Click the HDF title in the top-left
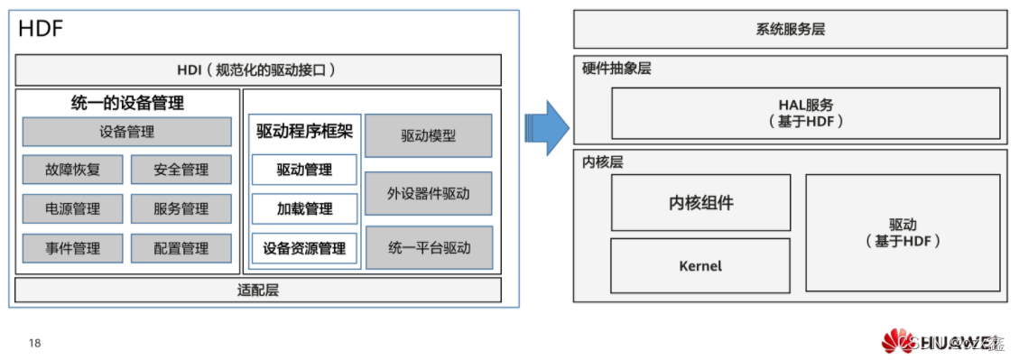40,30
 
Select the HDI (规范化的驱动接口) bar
258,70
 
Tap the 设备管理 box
126,132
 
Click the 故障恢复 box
73,170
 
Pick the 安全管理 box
181,170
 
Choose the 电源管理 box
73,209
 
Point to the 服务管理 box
181,209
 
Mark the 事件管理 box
73,248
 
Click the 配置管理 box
181,248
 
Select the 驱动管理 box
304,170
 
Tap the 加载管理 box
304,209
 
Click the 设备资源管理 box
304,248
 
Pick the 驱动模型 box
429,136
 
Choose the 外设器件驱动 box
429,193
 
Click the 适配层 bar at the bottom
258,290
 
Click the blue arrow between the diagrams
546,127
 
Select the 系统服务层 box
791,30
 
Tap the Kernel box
700,266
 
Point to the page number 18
35,343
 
